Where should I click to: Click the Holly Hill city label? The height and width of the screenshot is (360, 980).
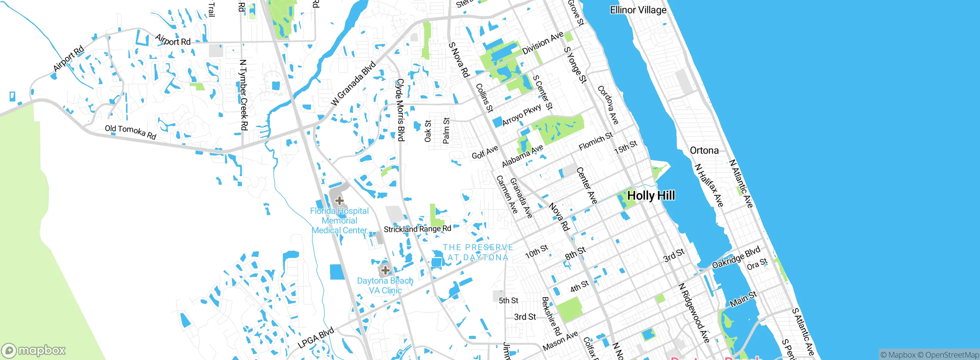(651, 196)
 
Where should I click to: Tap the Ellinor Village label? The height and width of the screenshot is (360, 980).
(638, 10)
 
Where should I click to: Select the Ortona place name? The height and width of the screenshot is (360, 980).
(704, 151)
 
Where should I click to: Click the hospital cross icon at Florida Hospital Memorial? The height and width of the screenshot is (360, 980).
(339, 200)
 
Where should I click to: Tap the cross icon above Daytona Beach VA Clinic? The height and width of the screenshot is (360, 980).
(385, 270)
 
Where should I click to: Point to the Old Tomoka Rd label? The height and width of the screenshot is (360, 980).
(131, 132)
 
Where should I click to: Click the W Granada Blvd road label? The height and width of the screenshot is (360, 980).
(353, 83)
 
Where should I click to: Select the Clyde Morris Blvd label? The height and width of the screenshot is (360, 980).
(400, 110)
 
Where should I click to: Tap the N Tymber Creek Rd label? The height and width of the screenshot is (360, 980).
(243, 95)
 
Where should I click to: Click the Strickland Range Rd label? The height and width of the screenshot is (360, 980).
(417, 229)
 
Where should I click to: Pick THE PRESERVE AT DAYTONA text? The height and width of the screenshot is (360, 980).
(478, 252)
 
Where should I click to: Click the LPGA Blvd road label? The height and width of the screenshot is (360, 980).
(316, 337)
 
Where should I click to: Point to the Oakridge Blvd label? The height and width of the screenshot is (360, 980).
(736, 258)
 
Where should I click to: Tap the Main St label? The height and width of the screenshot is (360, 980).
(743, 299)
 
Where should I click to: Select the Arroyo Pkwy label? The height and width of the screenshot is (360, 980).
(521, 115)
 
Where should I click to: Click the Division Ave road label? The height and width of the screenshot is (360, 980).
(542, 43)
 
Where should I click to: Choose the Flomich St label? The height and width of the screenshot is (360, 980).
(596, 141)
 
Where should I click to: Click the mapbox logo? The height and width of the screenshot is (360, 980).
(34, 350)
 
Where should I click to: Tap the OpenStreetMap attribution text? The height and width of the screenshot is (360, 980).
(952, 355)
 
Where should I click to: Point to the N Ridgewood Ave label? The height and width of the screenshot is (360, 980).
(694, 313)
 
